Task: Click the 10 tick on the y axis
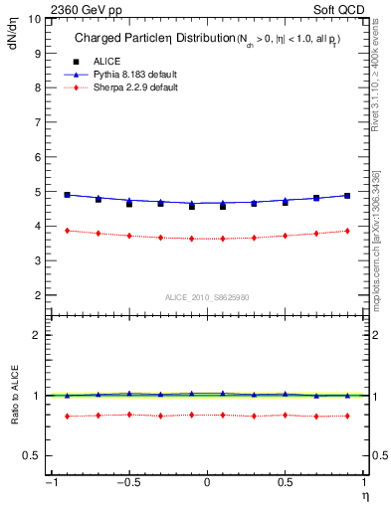(x=35, y=19)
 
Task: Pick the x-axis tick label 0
(x=207, y=484)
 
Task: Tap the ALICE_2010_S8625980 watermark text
(x=206, y=297)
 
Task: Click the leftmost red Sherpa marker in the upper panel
(x=67, y=231)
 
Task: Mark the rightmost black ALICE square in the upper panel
(x=347, y=196)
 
